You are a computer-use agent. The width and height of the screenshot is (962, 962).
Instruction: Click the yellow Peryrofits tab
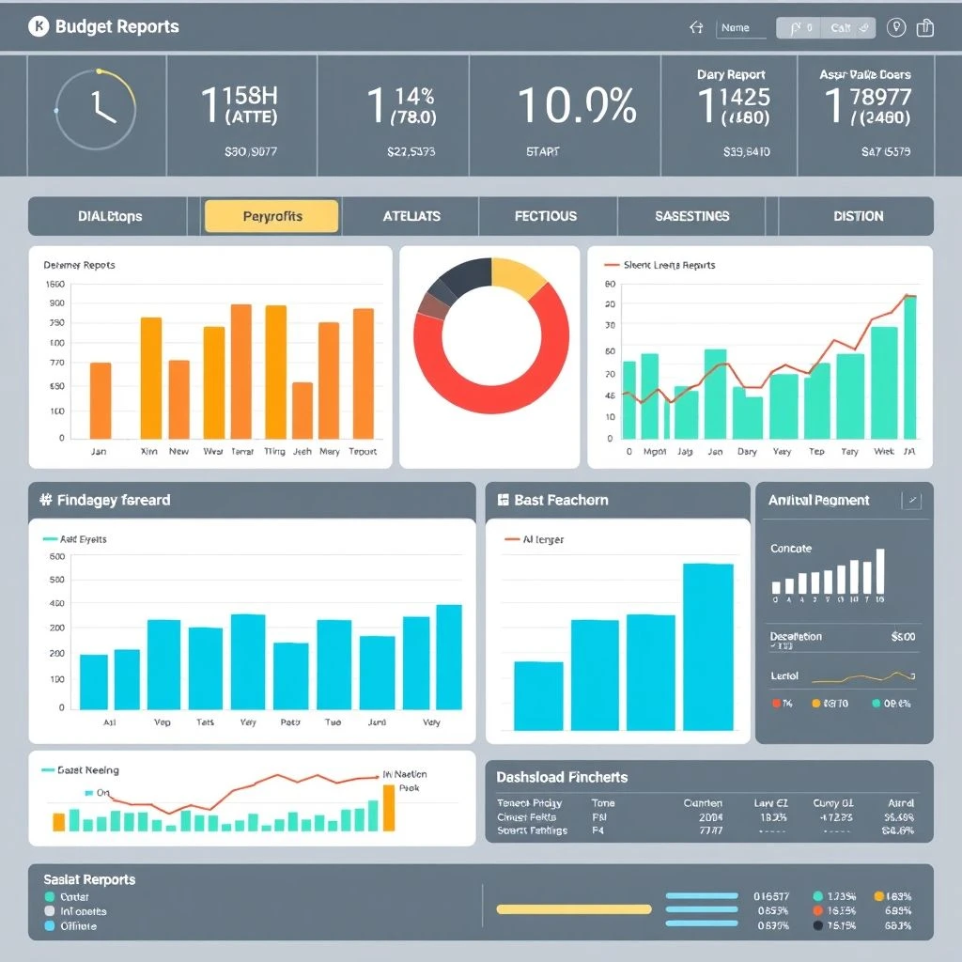pyautogui.click(x=272, y=216)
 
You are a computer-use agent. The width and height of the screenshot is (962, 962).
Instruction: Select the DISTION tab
pyautogui.click(x=857, y=216)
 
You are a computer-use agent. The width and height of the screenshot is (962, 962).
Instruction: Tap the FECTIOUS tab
pyautogui.click(x=546, y=216)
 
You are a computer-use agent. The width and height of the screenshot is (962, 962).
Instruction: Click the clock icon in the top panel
pyautogui.click(x=96, y=109)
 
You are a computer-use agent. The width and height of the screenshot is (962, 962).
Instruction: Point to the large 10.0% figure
pyautogui.click(x=577, y=106)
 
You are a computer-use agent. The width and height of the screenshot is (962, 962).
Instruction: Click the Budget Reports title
pyautogui.click(x=116, y=26)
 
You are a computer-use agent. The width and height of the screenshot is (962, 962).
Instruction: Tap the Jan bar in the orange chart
pyautogui.click(x=100, y=400)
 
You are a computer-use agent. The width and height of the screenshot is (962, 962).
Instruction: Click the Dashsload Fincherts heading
pyautogui.click(x=562, y=777)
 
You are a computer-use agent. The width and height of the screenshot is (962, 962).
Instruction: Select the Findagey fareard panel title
pyautogui.click(x=114, y=500)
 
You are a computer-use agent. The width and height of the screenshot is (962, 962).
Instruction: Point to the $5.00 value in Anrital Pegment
pyautogui.click(x=902, y=636)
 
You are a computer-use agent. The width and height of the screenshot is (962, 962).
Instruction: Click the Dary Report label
pyautogui.click(x=731, y=74)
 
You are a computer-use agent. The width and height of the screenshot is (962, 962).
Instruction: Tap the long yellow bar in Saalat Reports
pyautogui.click(x=573, y=909)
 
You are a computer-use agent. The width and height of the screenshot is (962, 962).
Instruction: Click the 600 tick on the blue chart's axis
pyautogui.click(x=55, y=556)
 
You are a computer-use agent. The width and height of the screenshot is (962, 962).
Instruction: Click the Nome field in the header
pyautogui.click(x=741, y=28)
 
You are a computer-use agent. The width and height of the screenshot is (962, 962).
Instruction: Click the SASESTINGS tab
pyautogui.click(x=691, y=216)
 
